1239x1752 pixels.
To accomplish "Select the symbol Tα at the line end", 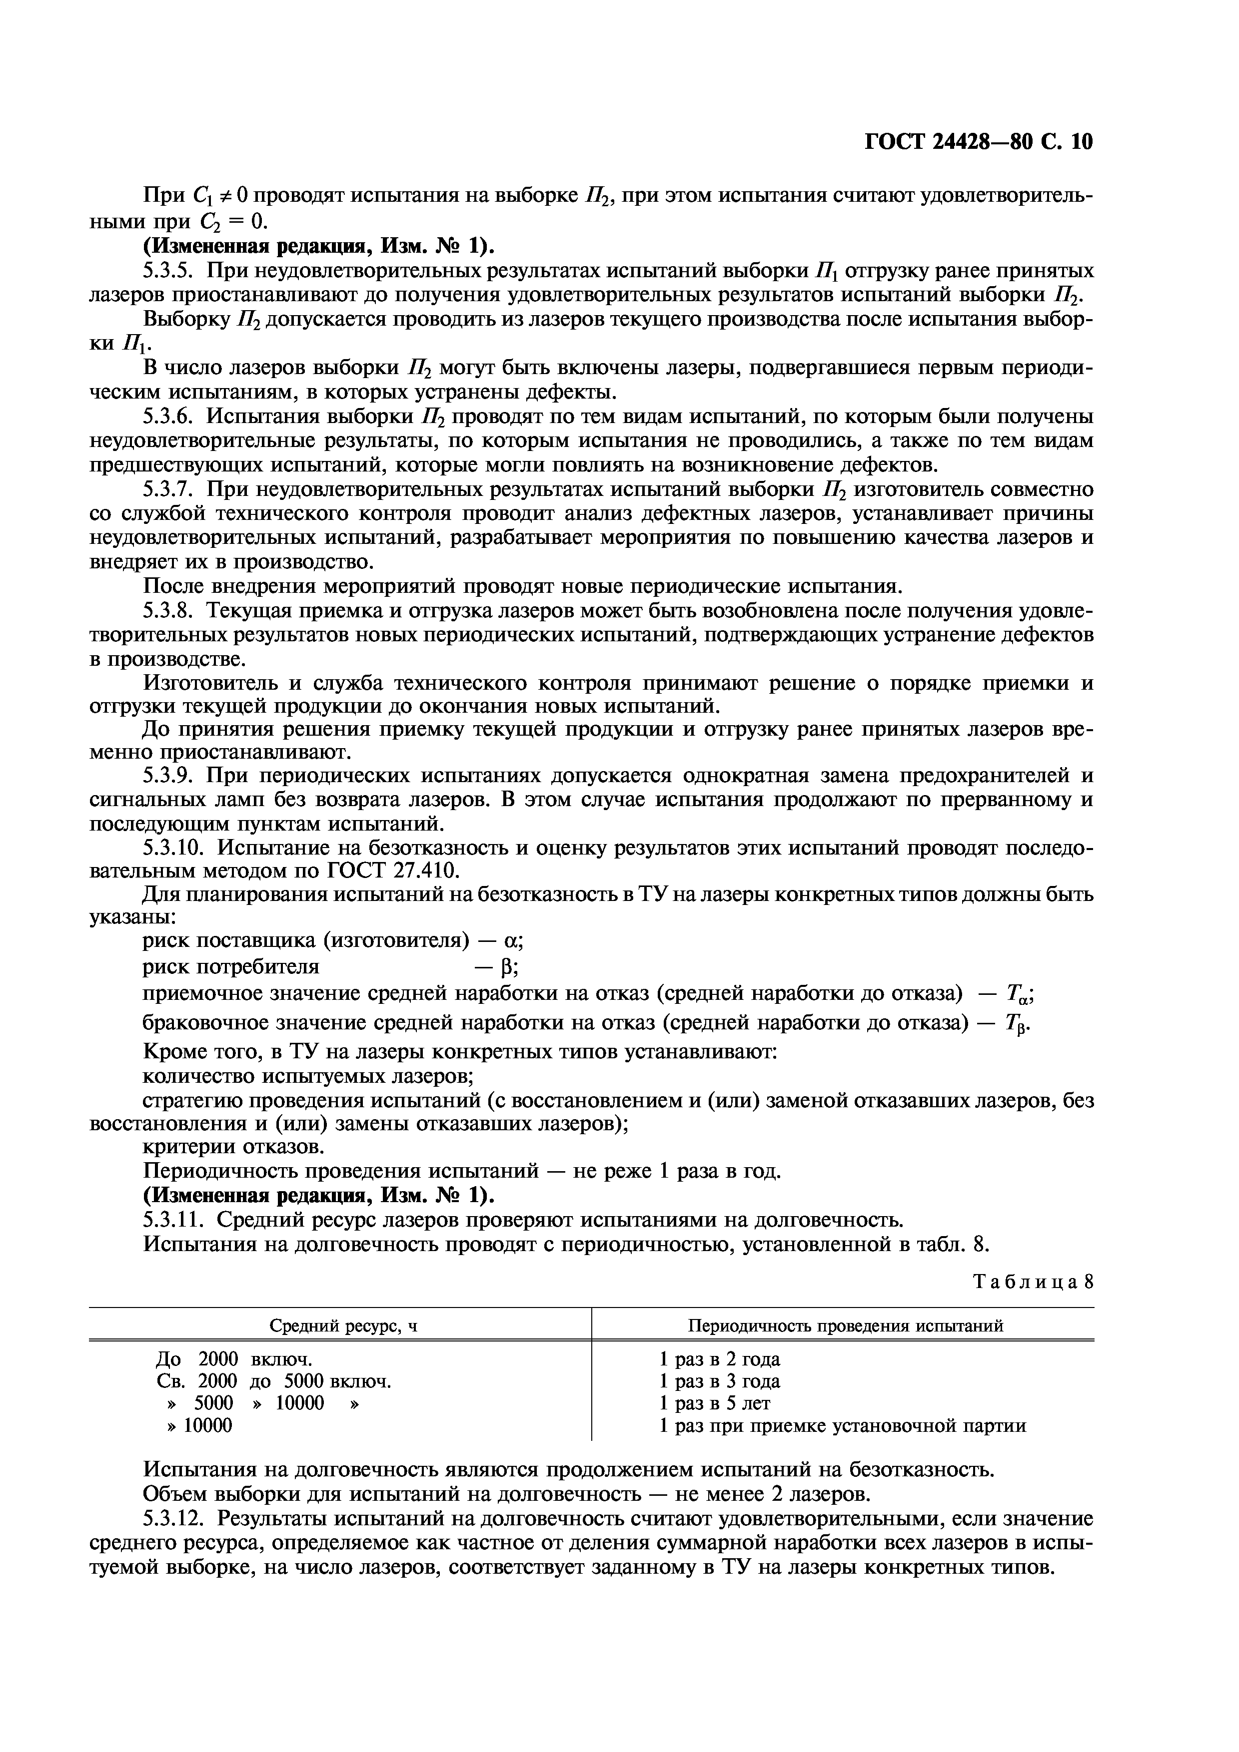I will coord(1019,995).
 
